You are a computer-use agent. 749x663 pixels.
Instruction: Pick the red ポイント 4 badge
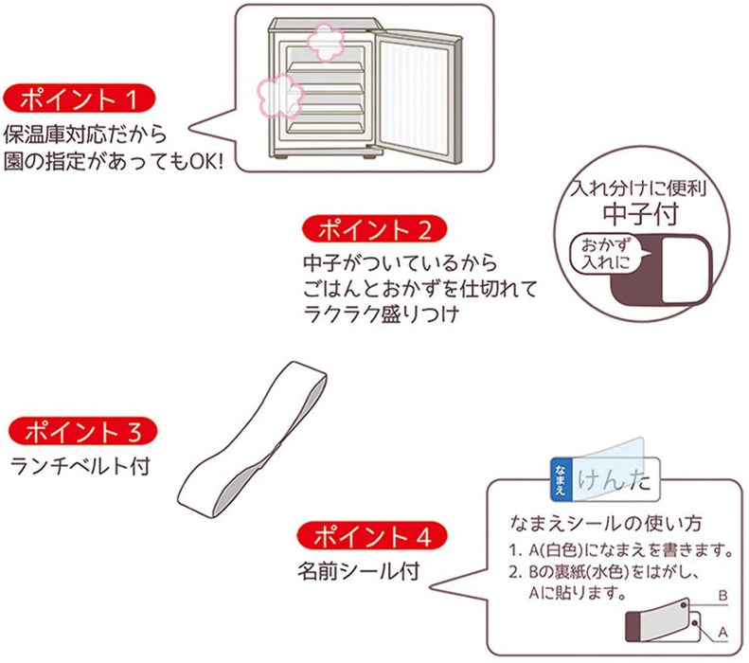point(367,537)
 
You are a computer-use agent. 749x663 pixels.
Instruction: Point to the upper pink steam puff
point(324,41)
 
